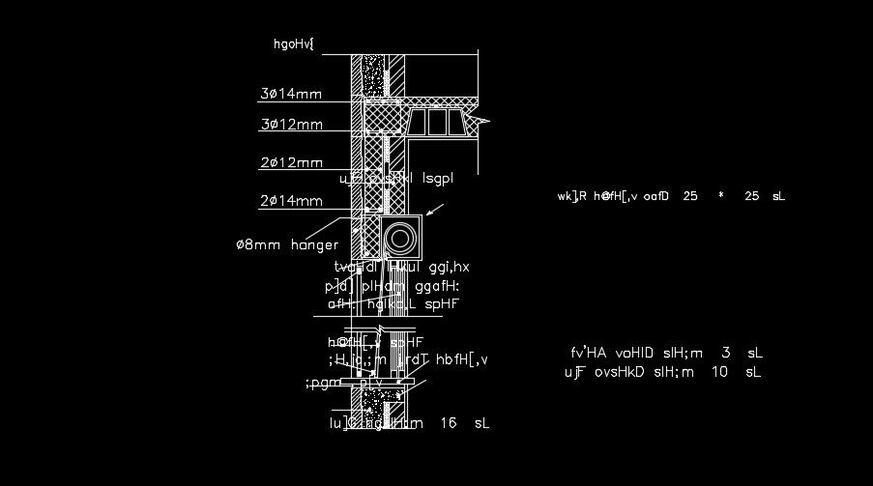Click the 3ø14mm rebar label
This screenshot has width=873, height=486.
click(290, 94)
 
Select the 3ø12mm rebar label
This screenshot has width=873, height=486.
click(290, 125)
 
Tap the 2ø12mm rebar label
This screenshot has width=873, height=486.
click(290, 162)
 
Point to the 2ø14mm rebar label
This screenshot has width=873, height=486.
click(290, 201)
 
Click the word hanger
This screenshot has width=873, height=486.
click(314, 245)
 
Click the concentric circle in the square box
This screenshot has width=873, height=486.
click(400, 236)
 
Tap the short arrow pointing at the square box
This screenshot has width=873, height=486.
click(435, 210)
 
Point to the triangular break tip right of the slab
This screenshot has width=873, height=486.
click(482, 121)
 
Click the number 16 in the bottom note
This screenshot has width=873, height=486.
click(448, 423)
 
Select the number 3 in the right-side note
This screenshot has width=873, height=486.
click(726, 353)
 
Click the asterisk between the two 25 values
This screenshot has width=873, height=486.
click(720, 196)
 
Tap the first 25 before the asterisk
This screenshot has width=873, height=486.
click(689, 196)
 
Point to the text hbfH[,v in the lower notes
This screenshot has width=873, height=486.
click(462, 359)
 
